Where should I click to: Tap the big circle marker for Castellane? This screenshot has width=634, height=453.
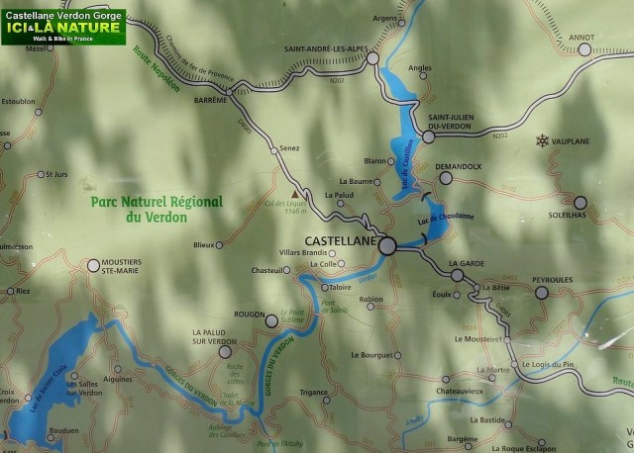[x=386, y=245]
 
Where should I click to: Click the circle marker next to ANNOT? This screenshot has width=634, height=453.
[x=585, y=48]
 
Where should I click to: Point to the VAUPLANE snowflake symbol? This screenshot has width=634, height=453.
[x=542, y=141]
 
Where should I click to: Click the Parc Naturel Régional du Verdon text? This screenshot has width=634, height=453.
[x=157, y=207]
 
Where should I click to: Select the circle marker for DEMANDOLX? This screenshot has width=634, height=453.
[x=446, y=179]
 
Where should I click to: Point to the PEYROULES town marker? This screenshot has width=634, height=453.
[x=541, y=292]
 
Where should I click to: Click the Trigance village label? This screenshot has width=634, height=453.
[x=313, y=392]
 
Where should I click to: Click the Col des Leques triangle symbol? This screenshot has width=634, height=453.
[x=294, y=194]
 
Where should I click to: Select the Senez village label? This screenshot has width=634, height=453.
[x=289, y=147]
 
